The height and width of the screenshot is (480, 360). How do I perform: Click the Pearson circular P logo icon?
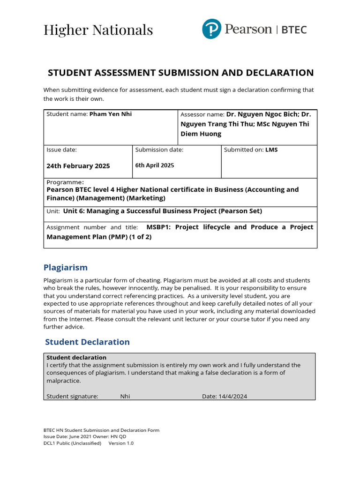pyautogui.click(x=211, y=29)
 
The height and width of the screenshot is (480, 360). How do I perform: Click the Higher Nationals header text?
pyautogui.click(x=98, y=30)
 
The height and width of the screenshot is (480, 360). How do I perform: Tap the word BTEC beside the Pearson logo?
pyautogui.click(x=294, y=30)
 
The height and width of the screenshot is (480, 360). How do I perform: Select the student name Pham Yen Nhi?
pyautogui.click(x=111, y=114)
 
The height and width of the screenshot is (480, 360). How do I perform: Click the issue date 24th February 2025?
pyautogui.click(x=78, y=166)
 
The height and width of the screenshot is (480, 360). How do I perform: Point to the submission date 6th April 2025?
pyautogui.click(x=154, y=165)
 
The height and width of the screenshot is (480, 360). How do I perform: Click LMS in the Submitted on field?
pyautogui.click(x=271, y=150)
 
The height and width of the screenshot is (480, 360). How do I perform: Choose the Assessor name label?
pyautogui.click(x=202, y=114)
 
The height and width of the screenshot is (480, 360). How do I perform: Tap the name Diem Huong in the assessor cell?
pyautogui.click(x=201, y=134)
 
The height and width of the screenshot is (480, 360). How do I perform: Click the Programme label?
pyautogui.click(x=65, y=182)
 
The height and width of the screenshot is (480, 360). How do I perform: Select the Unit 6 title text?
pyautogui.click(x=162, y=211)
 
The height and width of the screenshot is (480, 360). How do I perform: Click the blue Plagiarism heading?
pyautogui.click(x=66, y=268)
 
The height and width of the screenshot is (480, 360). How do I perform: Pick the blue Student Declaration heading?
pyautogui.click(x=87, y=342)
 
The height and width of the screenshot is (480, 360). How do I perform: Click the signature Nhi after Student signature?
pyautogui.click(x=125, y=396)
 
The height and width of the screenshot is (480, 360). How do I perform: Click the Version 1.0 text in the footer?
pyautogui.click(x=121, y=443)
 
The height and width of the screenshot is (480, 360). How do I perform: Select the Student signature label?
pyautogui.click(x=72, y=396)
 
